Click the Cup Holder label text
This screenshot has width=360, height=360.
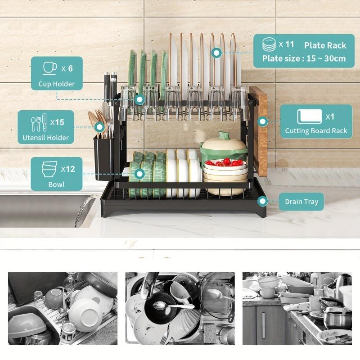[57, 84]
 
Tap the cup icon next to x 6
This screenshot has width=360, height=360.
[49, 68]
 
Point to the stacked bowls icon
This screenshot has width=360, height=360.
[49, 169]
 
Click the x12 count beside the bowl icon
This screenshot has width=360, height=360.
[68, 169]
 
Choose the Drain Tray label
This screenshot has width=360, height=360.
[301, 202]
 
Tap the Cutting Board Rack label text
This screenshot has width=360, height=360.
[316, 131]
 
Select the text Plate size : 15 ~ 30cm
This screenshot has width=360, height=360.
[304, 58]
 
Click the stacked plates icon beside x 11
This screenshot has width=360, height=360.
[270, 45]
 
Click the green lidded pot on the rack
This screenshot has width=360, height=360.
[224, 147]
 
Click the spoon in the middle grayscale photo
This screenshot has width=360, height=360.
[173, 306]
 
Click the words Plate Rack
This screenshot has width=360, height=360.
[325, 45]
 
